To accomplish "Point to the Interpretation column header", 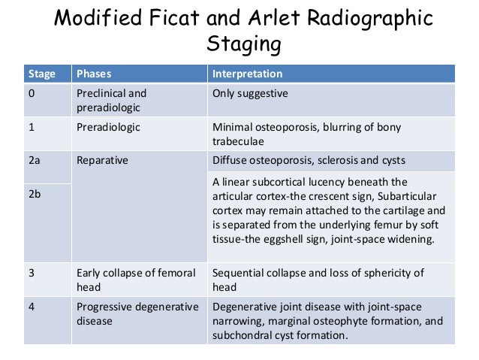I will tap(248, 74).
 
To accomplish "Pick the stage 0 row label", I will tap(32, 93).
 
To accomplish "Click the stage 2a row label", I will tap(35, 160).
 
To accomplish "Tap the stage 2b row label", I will tap(35, 194).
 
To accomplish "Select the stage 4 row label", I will tap(32, 307).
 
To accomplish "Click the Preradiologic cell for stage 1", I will tap(108, 127).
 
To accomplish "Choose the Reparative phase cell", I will tap(102, 160).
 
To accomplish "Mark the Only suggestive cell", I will tap(251, 93).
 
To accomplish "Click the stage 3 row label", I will tap(32, 273).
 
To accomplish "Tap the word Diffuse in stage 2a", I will tap(232, 160).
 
